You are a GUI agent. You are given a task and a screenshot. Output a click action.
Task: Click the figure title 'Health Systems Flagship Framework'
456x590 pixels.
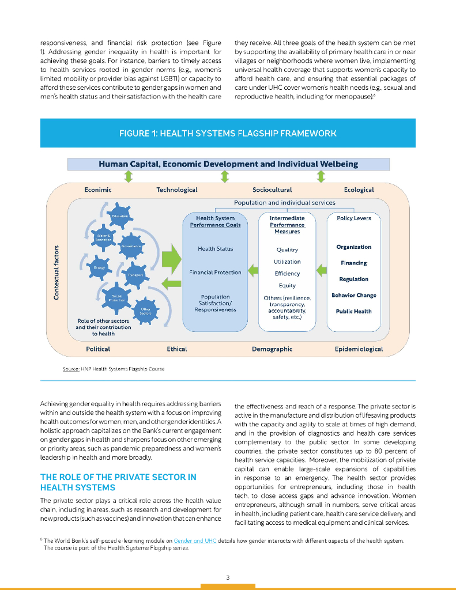click(228, 133)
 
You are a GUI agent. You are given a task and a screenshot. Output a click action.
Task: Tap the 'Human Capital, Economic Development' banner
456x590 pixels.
click(228, 164)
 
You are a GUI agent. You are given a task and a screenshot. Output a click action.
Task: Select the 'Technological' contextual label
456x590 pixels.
click(176, 190)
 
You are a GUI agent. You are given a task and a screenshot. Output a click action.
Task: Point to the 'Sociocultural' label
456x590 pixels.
click(272, 190)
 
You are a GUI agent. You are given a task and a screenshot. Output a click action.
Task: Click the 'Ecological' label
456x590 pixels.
click(359, 190)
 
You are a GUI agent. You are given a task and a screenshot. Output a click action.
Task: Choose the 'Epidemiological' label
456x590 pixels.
click(359, 349)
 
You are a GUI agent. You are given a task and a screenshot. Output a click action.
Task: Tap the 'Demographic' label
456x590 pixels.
click(272, 349)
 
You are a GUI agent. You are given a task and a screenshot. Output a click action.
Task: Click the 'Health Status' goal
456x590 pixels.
click(215, 249)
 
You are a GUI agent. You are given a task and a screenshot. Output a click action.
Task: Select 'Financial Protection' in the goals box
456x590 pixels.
click(215, 273)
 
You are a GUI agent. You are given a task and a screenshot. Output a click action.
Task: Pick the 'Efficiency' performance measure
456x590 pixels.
click(287, 274)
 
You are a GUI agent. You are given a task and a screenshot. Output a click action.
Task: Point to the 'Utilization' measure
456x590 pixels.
click(287, 262)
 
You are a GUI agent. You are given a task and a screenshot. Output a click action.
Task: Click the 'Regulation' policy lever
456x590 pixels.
click(354, 279)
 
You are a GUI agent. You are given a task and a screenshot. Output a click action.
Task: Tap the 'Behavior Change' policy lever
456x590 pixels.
click(354, 296)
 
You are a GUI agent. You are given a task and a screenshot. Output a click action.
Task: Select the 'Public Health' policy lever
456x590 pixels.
click(354, 312)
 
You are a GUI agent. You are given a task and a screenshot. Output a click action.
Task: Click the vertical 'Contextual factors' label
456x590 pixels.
click(56, 273)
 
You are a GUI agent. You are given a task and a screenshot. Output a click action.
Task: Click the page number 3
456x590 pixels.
click(228, 577)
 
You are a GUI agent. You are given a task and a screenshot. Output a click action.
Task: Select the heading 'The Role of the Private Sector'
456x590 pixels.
click(118, 482)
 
